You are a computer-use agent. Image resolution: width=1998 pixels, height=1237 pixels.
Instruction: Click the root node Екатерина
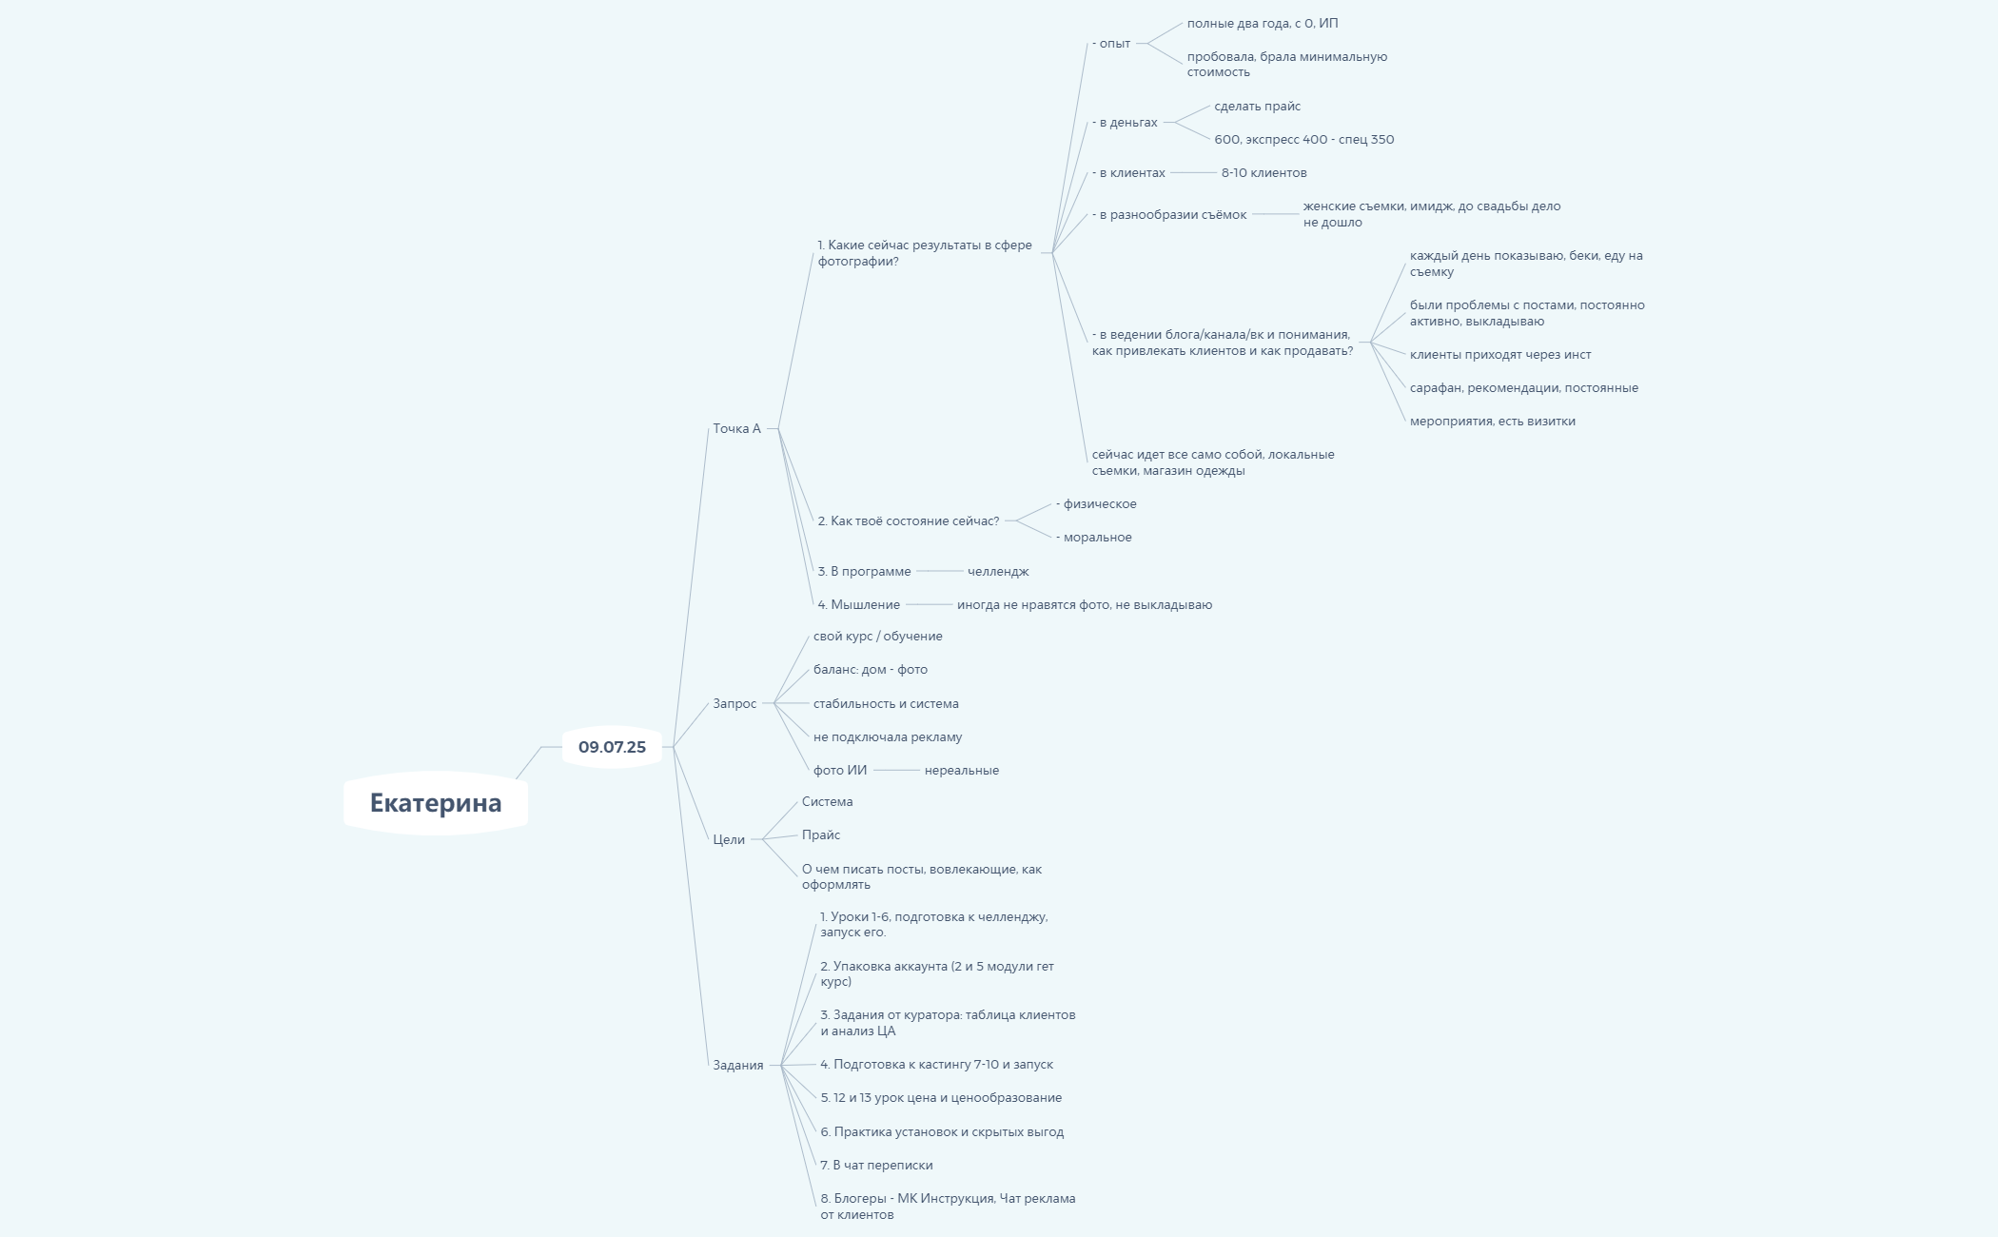[x=436, y=803]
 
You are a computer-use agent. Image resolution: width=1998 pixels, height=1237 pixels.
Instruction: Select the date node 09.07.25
[x=612, y=747]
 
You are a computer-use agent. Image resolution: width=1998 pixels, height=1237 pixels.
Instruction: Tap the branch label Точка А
[x=737, y=428]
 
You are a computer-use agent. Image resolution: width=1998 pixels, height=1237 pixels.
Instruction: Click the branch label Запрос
[x=735, y=703]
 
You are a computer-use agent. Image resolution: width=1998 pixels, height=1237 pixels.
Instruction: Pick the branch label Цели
[x=729, y=839]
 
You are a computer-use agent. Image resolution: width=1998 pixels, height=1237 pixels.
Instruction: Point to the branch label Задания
[x=738, y=1065]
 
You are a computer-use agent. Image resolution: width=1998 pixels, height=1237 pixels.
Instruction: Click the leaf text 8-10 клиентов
[x=1264, y=172]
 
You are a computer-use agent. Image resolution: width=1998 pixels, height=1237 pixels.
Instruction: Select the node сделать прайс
[x=1258, y=106]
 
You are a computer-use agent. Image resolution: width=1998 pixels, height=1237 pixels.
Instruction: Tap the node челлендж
[x=998, y=571]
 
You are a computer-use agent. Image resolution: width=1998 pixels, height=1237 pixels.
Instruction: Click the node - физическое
[x=1096, y=503]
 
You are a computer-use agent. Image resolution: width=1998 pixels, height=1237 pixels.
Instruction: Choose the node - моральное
[x=1094, y=537]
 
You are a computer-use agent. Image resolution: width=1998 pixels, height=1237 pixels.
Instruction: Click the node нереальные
[x=962, y=770]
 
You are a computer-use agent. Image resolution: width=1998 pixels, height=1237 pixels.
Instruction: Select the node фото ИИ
[x=840, y=770]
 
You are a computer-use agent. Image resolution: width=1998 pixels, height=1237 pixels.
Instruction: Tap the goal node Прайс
[x=821, y=834]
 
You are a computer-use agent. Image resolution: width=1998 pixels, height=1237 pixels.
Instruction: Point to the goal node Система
[x=828, y=801]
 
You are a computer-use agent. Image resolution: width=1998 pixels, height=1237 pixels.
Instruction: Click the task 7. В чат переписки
[x=876, y=1165]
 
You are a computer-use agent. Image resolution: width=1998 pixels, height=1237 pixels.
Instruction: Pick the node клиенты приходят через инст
[x=1500, y=354]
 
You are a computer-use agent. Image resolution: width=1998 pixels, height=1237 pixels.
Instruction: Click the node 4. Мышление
[x=859, y=604]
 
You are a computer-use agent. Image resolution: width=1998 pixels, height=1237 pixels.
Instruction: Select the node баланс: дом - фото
[x=871, y=669]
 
